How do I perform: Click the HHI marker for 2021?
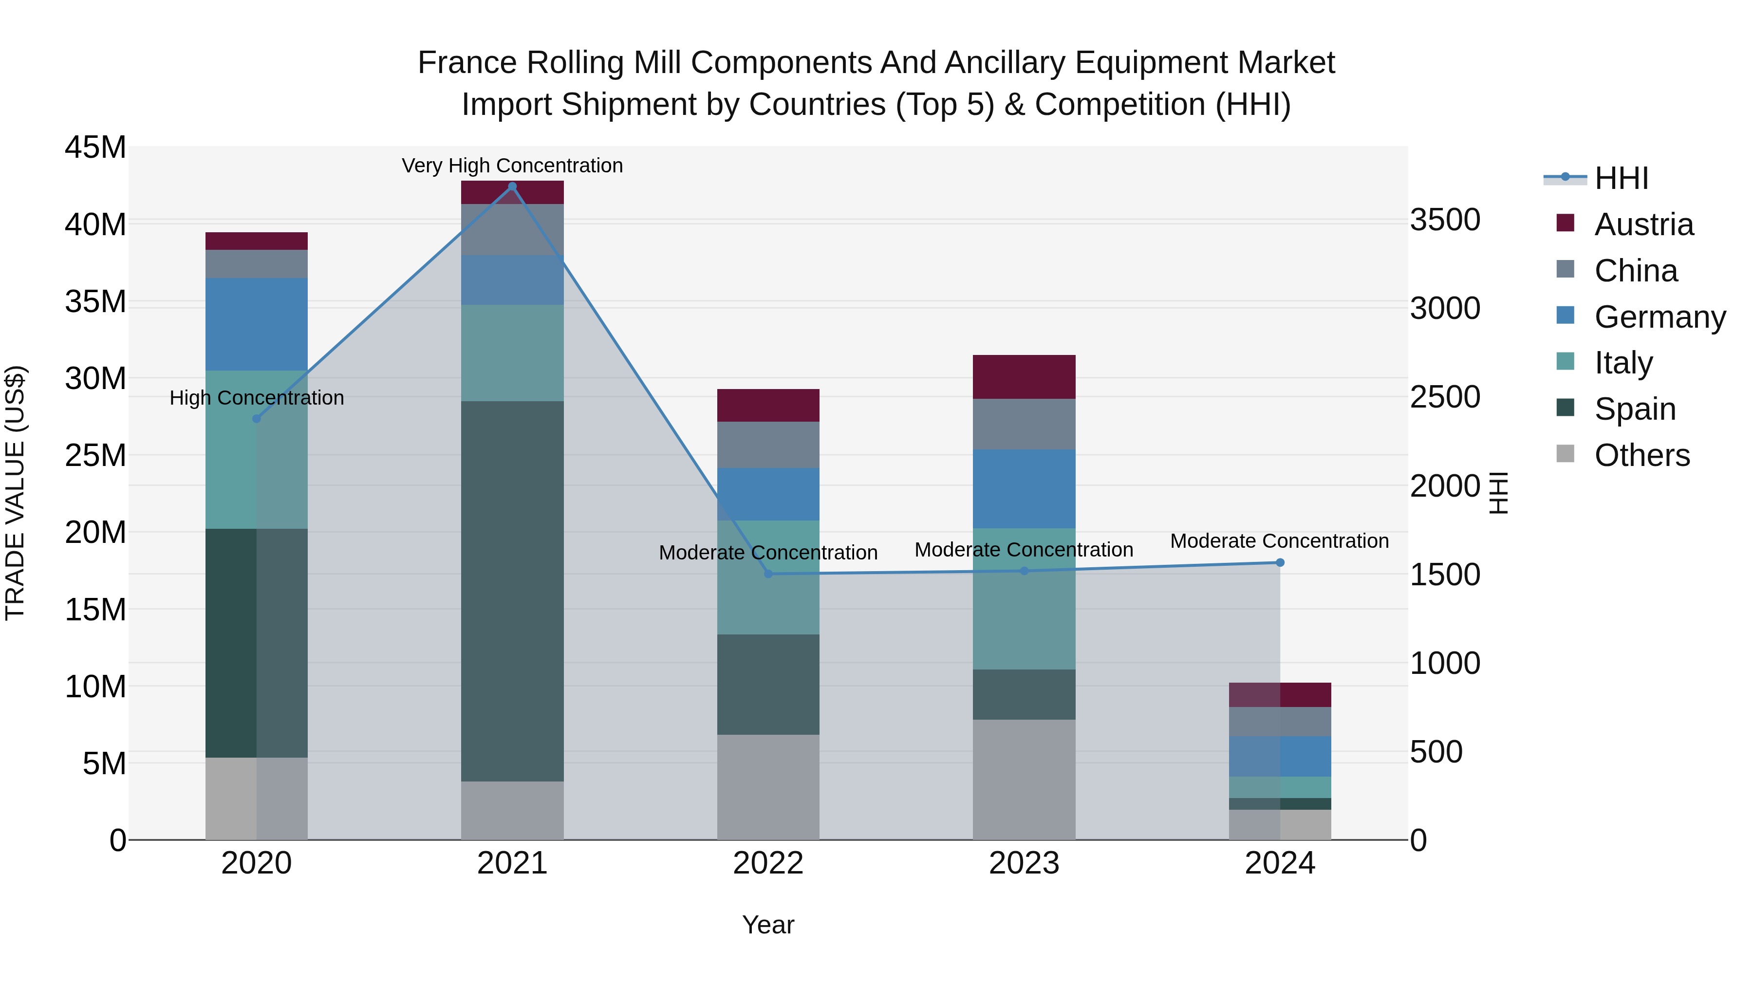tap(512, 186)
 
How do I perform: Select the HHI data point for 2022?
tap(768, 574)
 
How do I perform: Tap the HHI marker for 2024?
tap(1280, 563)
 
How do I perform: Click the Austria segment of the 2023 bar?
tap(1024, 376)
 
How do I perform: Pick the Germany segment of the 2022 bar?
tap(768, 494)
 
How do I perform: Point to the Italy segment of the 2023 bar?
tap(1024, 599)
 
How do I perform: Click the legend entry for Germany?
tap(1659, 317)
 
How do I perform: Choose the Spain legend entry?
tap(1635, 409)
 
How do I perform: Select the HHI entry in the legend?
tap(1621, 178)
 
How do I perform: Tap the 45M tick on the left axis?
tap(95, 148)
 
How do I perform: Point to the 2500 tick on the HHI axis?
tap(1445, 397)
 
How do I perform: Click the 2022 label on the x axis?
tap(768, 863)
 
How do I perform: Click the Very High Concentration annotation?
tap(512, 166)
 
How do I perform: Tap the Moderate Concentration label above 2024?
tap(1279, 541)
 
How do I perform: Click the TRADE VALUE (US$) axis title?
tap(15, 493)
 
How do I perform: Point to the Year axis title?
tap(768, 925)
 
